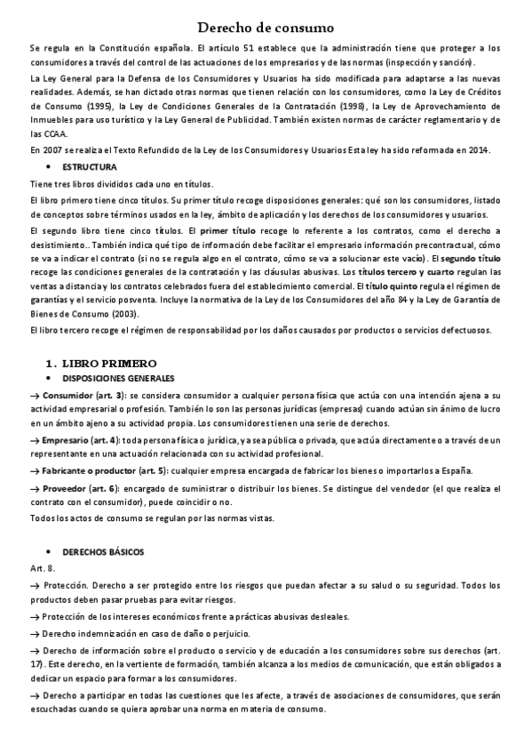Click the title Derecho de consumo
point(265,29)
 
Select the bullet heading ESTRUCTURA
point(90,167)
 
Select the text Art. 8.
point(42,566)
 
